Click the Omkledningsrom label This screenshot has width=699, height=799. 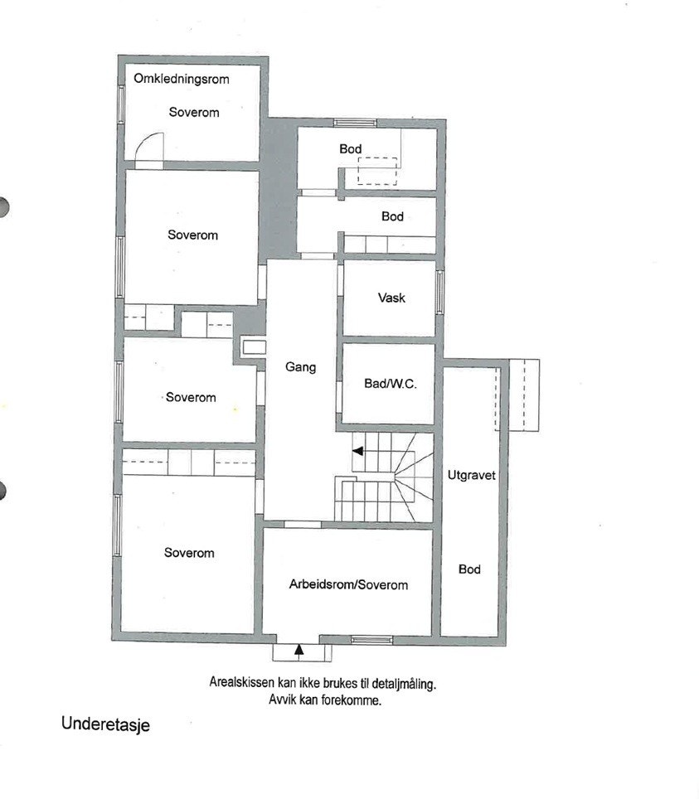(181, 80)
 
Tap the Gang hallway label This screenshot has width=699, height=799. (300, 367)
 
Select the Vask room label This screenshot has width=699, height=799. (391, 298)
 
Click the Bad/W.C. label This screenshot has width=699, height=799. (389, 384)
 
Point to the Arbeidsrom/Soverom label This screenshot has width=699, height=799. (347, 584)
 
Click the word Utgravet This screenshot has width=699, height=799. (470, 477)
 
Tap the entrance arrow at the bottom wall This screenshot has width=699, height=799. (299, 651)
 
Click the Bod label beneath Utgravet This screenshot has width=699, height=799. (469, 569)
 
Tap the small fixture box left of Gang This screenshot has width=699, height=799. (250, 348)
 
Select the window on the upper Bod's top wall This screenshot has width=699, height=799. (355, 123)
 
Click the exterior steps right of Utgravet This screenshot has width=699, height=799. (524, 395)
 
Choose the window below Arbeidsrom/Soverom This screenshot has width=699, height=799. (371, 639)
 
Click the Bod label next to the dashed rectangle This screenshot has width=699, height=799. (350, 149)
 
